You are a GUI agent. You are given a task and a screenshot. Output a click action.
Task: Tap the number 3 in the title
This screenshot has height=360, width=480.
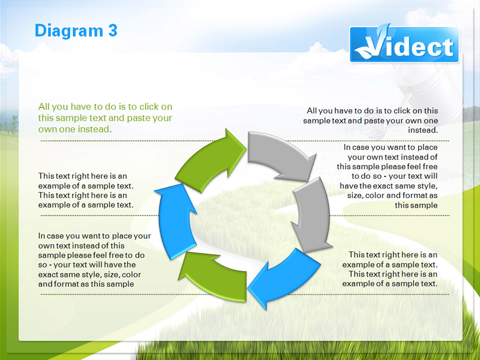coord(113,31)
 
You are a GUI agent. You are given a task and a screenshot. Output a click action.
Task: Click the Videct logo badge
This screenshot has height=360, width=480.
coord(404,44)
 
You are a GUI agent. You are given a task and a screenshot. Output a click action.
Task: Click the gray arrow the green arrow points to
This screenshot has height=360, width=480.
coord(280,155)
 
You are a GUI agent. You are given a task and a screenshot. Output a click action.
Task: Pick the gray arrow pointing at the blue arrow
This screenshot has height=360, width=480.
coord(312,214)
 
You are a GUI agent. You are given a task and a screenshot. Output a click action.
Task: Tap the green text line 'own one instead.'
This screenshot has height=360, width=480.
coord(75,129)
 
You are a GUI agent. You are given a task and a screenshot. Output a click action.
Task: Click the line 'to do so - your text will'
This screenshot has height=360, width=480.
coord(394,176)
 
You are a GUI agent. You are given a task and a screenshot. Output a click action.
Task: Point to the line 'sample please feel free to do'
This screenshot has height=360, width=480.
coord(91,256)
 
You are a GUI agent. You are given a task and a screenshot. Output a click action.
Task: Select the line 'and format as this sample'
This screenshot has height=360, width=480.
coord(86,284)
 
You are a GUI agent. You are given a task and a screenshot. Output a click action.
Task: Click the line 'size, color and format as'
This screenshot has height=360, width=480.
coord(392,196)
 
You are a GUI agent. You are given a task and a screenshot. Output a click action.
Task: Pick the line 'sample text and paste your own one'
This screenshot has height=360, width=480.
coord(370,121)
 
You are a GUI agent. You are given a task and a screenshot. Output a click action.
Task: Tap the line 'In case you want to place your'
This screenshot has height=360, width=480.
coord(95,236)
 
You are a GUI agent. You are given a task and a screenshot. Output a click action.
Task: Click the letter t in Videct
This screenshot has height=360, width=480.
coord(448,48)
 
